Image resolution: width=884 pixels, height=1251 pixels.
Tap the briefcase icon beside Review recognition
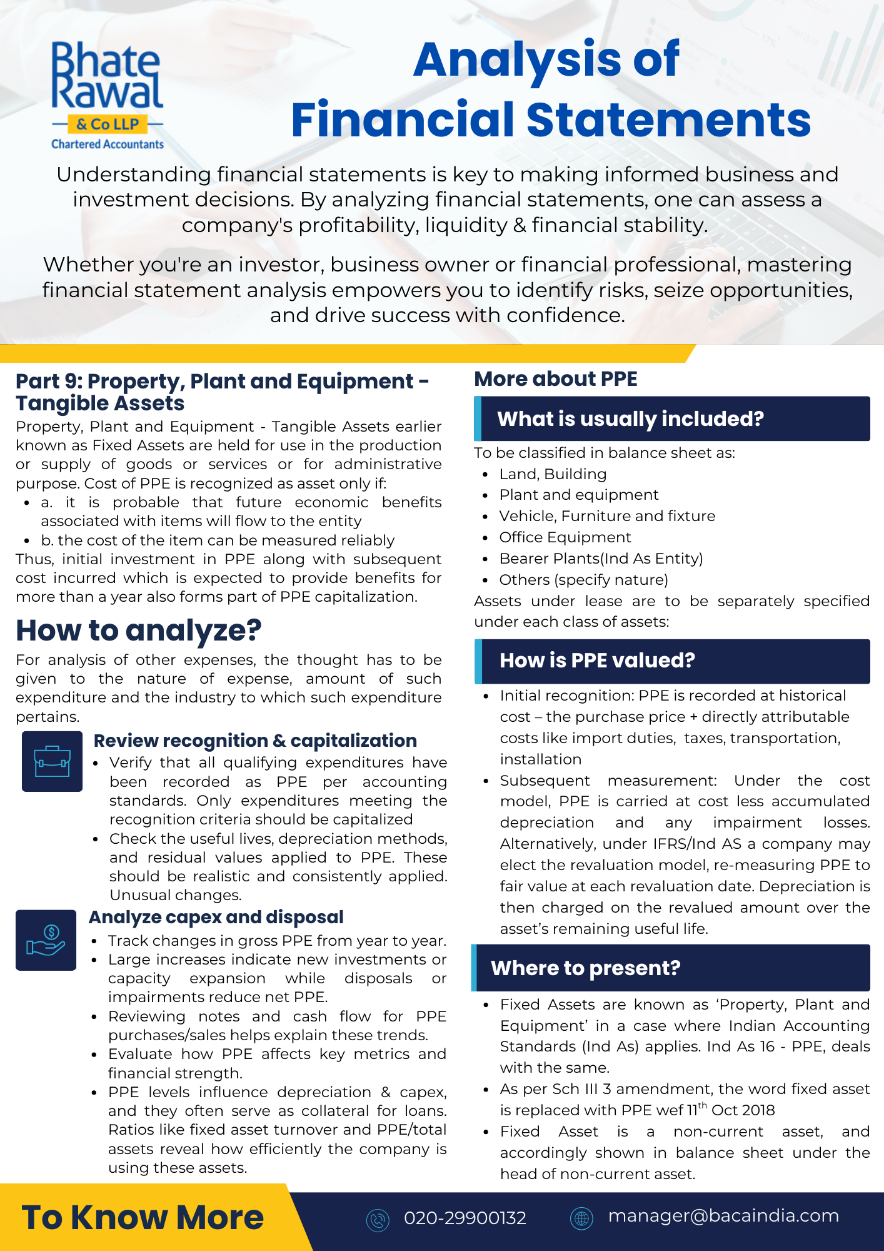click(x=52, y=761)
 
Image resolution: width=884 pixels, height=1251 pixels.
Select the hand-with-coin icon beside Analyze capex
click(x=46, y=940)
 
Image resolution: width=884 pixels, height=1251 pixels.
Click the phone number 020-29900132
click(x=465, y=1218)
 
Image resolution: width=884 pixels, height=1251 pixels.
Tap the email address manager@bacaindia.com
click(x=723, y=1215)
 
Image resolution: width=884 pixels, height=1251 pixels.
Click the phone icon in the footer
click(x=378, y=1219)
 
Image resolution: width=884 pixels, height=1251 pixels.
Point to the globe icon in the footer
click(x=581, y=1218)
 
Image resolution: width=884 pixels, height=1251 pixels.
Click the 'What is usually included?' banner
click(x=671, y=418)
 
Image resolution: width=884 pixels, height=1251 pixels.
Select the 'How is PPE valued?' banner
click(x=671, y=661)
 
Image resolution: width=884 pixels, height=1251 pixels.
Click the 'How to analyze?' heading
click(x=138, y=630)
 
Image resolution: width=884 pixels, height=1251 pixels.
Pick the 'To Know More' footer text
click(x=143, y=1217)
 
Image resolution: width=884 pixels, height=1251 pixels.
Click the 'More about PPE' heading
click(x=556, y=379)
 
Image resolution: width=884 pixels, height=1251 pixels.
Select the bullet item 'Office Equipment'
click(x=565, y=537)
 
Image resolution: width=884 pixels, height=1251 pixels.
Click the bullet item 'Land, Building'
click(x=553, y=474)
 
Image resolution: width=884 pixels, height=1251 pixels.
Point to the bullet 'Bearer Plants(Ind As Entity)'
click(x=601, y=559)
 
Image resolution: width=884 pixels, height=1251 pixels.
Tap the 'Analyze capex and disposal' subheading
click(x=216, y=917)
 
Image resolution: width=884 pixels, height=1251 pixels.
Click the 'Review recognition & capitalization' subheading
click(x=255, y=741)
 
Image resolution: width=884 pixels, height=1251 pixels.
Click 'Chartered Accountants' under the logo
click(x=108, y=144)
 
